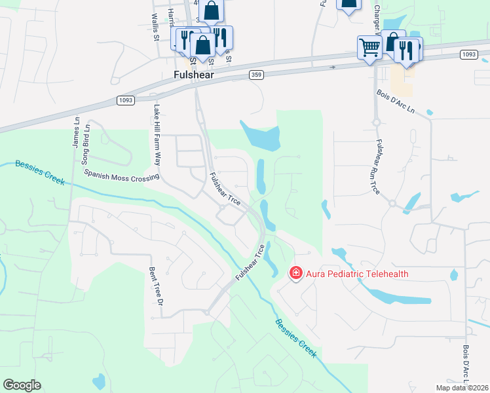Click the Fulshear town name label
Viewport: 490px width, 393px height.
(195, 75)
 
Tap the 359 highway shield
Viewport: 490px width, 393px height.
(257, 75)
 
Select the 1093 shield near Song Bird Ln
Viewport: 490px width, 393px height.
(126, 100)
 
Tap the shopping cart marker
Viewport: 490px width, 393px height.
(369, 47)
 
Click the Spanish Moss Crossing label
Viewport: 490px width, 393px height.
(122, 174)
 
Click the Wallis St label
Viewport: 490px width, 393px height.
(155, 27)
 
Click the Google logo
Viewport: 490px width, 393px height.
(22, 385)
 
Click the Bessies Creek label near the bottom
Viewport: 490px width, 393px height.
(295, 338)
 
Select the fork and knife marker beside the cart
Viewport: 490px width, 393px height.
(407, 51)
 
